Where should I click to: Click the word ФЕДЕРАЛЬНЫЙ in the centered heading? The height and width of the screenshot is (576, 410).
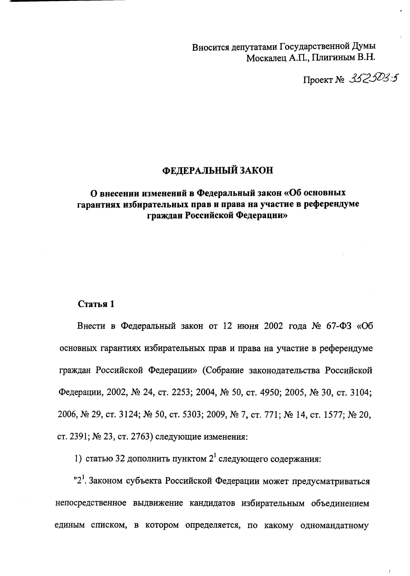click(199, 171)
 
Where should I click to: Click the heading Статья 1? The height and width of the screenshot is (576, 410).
click(96, 304)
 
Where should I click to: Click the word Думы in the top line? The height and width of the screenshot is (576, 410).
click(364, 47)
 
